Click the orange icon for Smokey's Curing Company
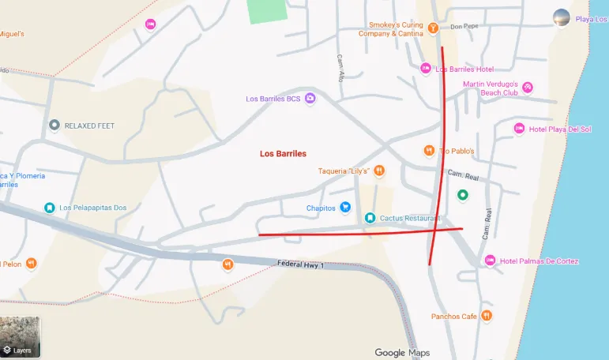(x=433, y=28)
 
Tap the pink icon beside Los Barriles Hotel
(x=426, y=69)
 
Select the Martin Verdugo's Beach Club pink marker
(x=528, y=88)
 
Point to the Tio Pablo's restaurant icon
(x=429, y=150)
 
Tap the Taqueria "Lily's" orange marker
(x=379, y=170)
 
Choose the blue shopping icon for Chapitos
(x=345, y=208)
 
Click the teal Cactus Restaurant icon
(x=370, y=218)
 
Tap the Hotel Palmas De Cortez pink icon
(x=490, y=261)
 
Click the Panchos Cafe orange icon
(x=487, y=316)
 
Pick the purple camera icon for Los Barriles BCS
(x=310, y=99)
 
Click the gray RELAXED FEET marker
(x=54, y=125)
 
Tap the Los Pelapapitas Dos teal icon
(x=49, y=208)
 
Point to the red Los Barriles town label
(x=283, y=154)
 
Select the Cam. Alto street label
(x=341, y=69)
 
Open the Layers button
(x=21, y=338)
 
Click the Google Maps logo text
(x=402, y=352)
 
